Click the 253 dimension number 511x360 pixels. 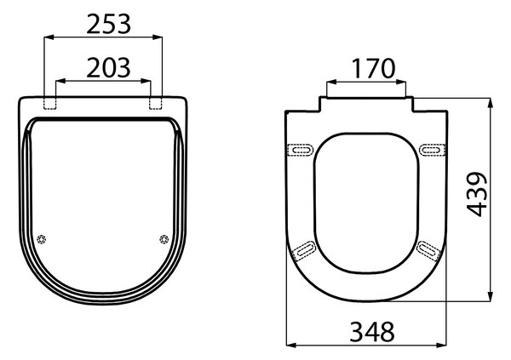click(108, 24)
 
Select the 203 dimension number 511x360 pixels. click(108, 68)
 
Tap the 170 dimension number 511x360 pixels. click(374, 69)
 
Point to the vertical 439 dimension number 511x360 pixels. click(477, 194)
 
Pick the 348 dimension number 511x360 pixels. click(372, 332)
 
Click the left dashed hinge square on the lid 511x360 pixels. click(50, 103)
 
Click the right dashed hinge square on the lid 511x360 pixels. click(156, 103)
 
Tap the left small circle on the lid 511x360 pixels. click(41, 239)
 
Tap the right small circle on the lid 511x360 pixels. click(164, 239)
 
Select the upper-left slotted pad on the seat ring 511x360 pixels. click(301, 150)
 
